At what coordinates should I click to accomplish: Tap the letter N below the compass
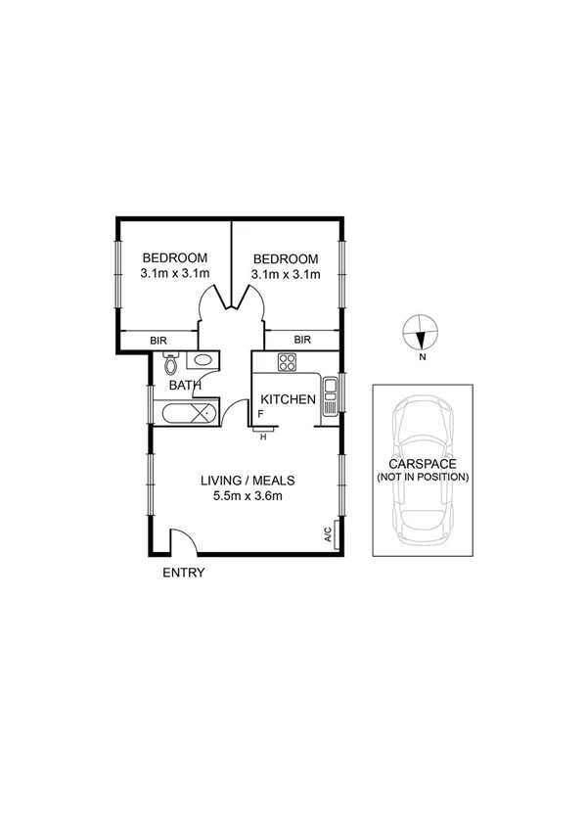422,357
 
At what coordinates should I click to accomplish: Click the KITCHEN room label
288,399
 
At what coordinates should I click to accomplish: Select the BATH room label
185,386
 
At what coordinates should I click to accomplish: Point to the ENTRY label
183,573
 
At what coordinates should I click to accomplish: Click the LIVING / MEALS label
248,481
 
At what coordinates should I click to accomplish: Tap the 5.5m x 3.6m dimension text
248,496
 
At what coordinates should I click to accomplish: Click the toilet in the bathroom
171,364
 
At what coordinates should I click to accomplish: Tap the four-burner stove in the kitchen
288,363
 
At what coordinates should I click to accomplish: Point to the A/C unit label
328,534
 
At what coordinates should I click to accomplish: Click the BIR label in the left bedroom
158,341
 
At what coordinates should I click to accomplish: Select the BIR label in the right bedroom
302,340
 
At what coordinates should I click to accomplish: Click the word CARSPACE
422,464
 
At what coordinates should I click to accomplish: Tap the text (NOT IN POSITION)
422,478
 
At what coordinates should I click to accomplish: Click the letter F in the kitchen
260,415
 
